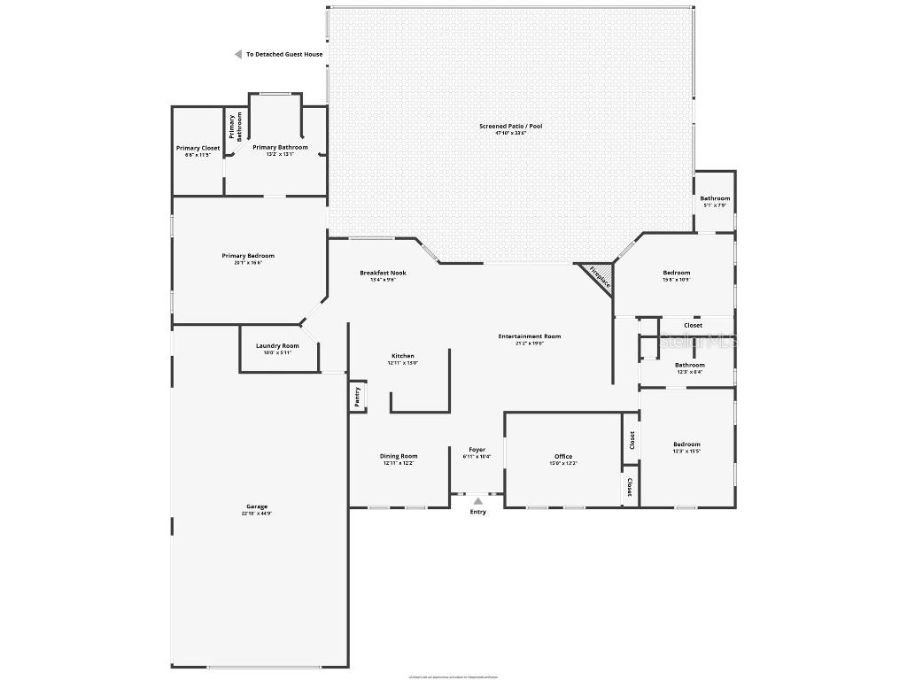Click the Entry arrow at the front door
point(477,501)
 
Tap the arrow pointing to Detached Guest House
point(237,54)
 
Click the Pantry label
point(357,396)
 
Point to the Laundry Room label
point(277,345)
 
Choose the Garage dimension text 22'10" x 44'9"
point(257,514)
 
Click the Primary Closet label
point(198,148)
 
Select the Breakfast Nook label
point(383,272)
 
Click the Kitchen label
point(402,356)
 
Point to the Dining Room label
point(399,456)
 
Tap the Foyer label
point(477,450)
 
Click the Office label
point(563,456)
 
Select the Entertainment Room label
point(529,336)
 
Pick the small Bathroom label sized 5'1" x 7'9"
point(715,198)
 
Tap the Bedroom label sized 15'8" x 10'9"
point(677,273)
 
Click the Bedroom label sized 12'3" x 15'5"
point(686,444)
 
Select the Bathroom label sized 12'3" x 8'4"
point(690,365)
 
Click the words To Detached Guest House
point(284,54)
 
